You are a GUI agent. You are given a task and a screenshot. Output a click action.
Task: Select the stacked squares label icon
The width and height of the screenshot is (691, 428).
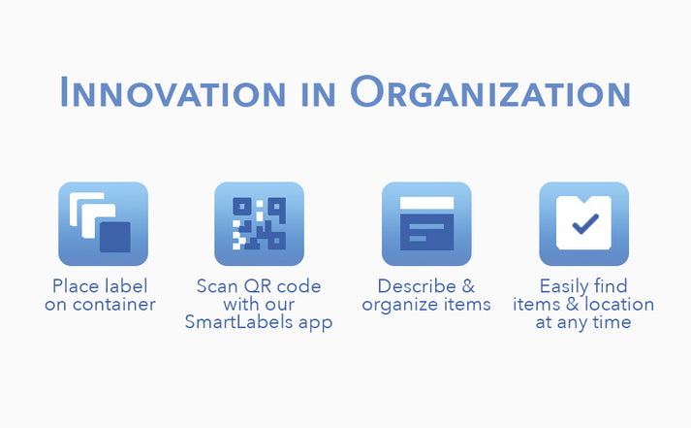[103, 224]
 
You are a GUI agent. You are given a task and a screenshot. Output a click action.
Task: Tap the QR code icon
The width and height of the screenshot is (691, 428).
[259, 224]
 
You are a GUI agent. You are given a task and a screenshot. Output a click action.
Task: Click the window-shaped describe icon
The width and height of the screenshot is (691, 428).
[426, 224]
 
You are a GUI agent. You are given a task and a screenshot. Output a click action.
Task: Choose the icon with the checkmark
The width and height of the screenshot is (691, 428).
[583, 224]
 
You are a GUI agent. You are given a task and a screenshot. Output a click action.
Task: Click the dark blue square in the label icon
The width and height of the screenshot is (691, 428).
[114, 238]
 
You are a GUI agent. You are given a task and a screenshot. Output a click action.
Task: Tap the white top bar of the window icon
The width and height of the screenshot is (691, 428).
[426, 202]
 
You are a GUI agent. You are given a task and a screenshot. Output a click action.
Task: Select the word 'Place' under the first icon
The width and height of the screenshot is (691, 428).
[75, 286]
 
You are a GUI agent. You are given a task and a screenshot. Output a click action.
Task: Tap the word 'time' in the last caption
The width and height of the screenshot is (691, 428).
[611, 322]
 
